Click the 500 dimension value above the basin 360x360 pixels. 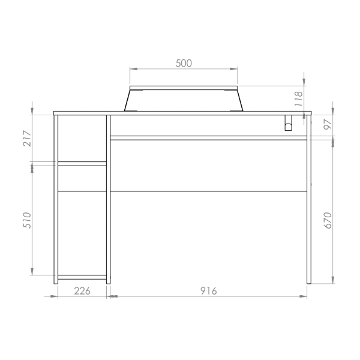184,63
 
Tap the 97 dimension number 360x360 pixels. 327,125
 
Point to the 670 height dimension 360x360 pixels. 327,221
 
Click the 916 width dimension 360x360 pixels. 208,290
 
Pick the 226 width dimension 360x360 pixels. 82,290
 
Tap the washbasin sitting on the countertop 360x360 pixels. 184,99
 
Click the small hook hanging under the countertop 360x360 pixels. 287,123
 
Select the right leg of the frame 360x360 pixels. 309,204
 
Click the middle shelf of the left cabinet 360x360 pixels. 82,163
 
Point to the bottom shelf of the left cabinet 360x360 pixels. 82,277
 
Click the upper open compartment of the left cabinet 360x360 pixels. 82,138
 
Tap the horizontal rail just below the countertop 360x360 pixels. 208,137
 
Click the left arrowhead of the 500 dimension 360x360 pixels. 133,70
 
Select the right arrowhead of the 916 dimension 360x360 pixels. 304,296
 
